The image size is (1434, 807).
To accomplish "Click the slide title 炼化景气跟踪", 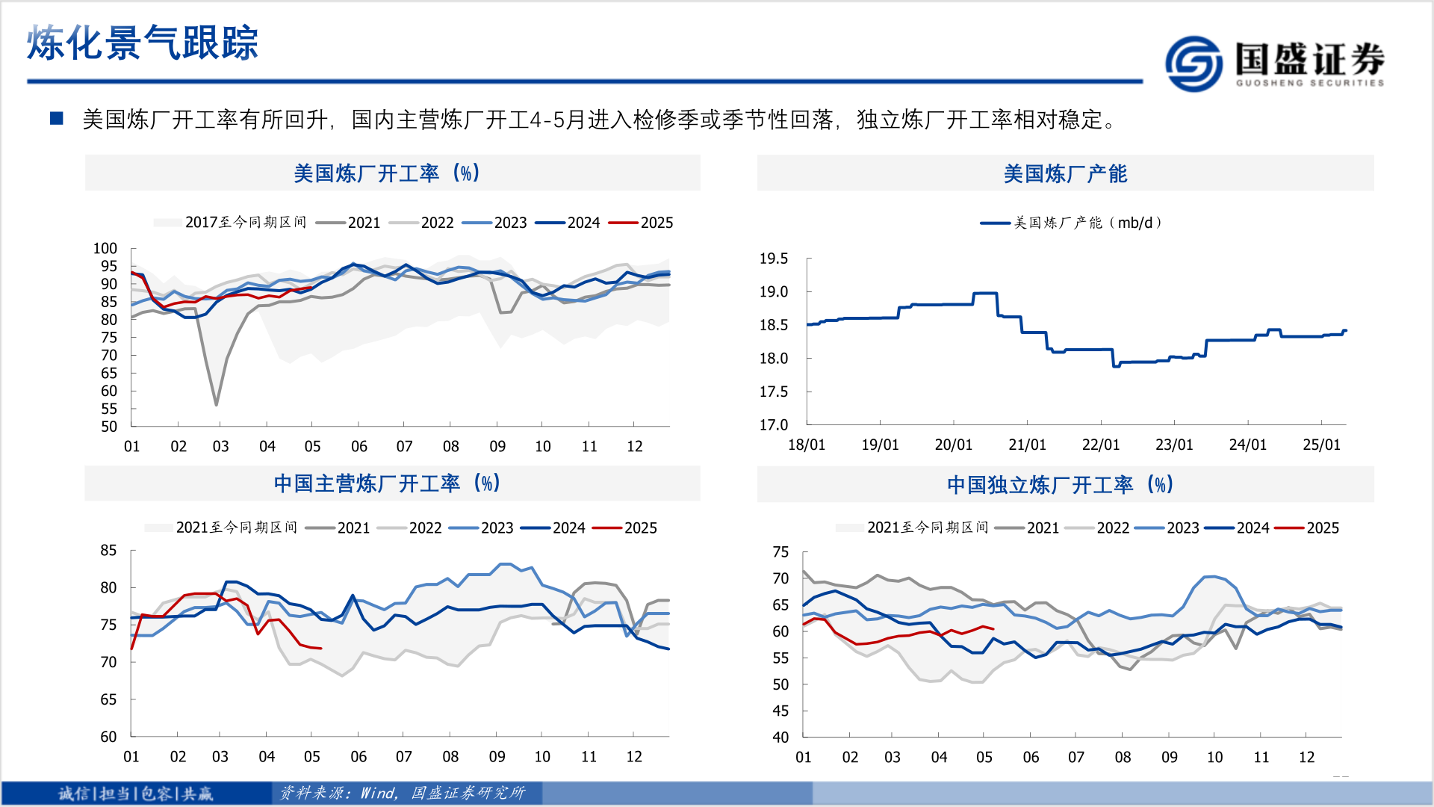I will pyautogui.click(x=142, y=43).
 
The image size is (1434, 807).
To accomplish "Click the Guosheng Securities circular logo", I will pyautogui.click(x=1194, y=64).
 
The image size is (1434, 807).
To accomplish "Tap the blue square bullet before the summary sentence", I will pyautogui.click(x=56, y=119).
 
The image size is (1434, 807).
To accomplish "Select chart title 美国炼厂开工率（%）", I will pyautogui.click(x=387, y=173).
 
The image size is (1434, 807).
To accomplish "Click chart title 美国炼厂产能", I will pyautogui.click(x=1065, y=173).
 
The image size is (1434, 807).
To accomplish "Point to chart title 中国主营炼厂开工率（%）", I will pyautogui.click(x=387, y=483).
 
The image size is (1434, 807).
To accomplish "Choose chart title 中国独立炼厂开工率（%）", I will pyautogui.click(x=1061, y=485).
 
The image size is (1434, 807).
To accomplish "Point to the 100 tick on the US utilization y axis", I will pyautogui.click(x=105, y=248).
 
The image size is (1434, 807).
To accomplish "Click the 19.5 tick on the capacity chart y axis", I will pyautogui.click(x=773, y=259).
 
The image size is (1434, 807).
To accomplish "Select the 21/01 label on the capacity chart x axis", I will pyautogui.click(x=1027, y=445).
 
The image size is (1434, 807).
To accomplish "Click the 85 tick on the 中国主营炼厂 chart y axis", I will pyautogui.click(x=109, y=551).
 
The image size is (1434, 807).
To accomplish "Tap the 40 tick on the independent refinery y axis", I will pyautogui.click(x=780, y=738).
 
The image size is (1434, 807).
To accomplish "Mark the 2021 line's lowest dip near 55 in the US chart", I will pyautogui.click(x=217, y=404).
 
